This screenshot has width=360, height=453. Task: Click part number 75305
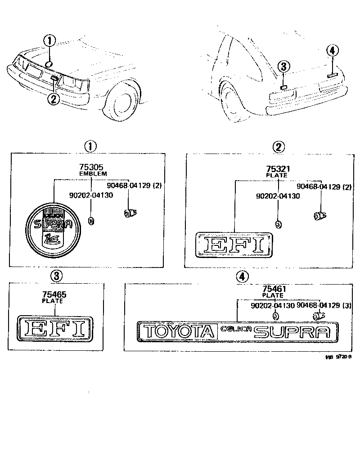(x=93, y=167)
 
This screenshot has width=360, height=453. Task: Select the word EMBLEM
(x=93, y=173)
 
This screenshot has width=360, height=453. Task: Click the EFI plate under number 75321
(x=233, y=245)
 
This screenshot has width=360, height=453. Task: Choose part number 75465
(x=54, y=294)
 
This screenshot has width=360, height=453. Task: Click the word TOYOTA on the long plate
(x=178, y=332)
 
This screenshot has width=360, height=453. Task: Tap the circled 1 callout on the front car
(x=49, y=41)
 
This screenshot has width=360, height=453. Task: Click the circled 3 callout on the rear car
(x=283, y=67)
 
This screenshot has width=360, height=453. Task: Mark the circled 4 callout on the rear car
(x=332, y=51)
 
